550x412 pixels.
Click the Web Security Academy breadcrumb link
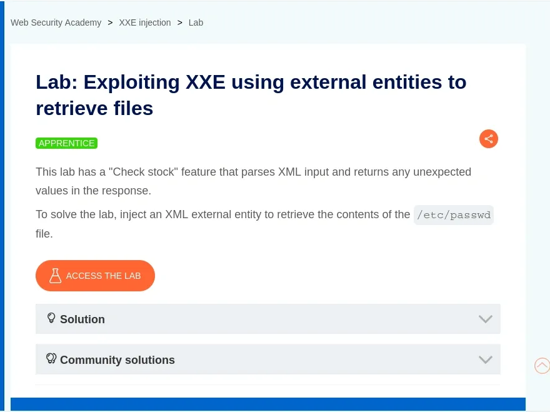tap(56, 23)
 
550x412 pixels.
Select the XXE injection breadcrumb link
tap(145, 23)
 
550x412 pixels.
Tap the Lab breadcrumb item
tap(196, 23)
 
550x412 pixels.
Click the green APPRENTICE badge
tap(66, 143)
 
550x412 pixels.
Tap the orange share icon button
tap(489, 139)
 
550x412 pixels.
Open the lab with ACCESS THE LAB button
tap(95, 276)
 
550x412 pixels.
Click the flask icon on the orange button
tap(55, 276)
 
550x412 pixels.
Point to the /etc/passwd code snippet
tap(454, 215)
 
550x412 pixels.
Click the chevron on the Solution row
tap(486, 319)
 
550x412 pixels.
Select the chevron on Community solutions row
tap(486, 359)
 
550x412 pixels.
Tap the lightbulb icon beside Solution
tap(51, 318)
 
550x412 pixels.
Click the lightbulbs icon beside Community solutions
tap(51, 358)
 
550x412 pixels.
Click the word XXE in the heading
tap(205, 82)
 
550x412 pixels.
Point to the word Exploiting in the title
tap(131, 83)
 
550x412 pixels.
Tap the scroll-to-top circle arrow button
tap(542, 366)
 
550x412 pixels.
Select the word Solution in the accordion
tap(82, 319)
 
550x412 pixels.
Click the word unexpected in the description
tap(442, 172)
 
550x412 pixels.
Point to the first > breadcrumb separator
tap(110, 23)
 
